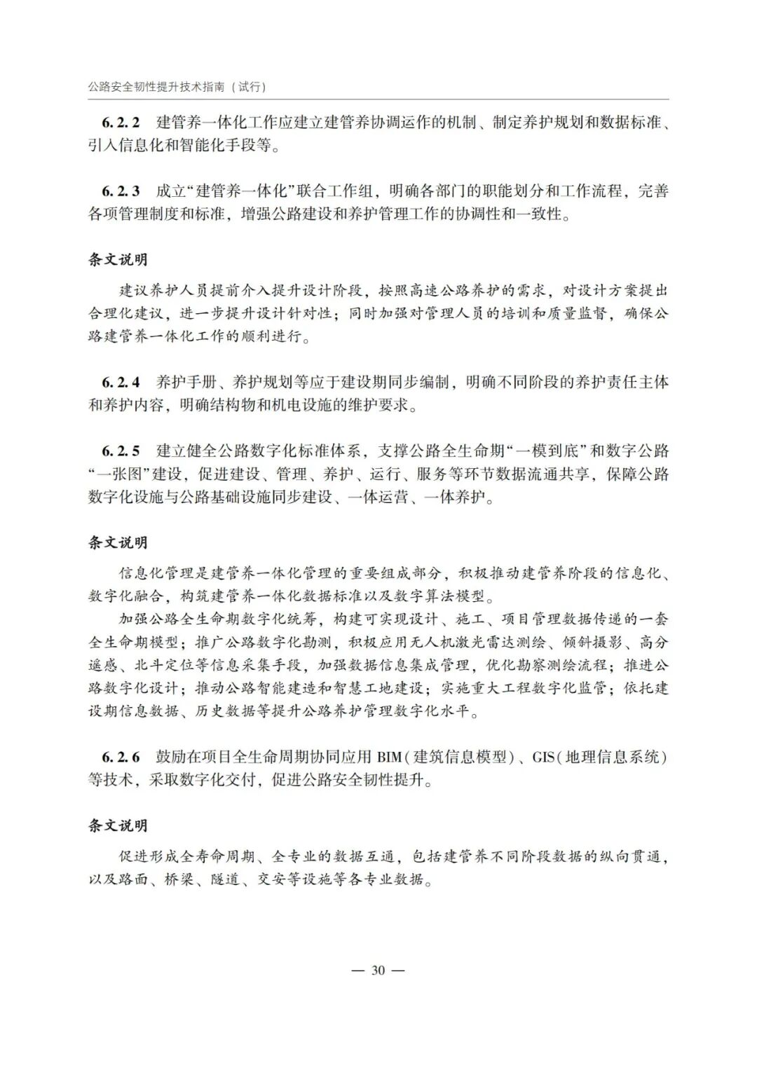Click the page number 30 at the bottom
point(378,970)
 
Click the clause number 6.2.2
point(121,123)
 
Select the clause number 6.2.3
point(121,191)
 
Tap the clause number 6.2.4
point(121,382)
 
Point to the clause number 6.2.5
point(121,450)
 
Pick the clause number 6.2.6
point(121,757)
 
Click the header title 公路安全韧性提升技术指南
point(158,87)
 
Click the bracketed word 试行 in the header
point(250,87)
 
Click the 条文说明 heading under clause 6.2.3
point(118,259)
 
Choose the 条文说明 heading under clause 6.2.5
point(118,542)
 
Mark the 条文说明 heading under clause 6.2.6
point(118,825)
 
